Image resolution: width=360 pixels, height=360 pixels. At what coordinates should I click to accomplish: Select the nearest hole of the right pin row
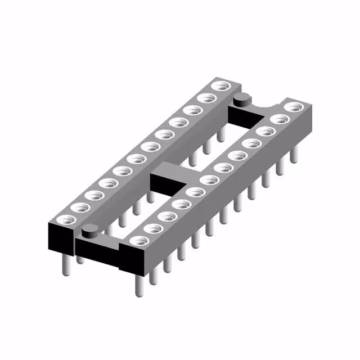137,241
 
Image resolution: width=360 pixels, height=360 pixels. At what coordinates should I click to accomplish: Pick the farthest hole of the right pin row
292,107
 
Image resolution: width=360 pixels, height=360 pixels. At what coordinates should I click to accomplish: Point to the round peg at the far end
241,100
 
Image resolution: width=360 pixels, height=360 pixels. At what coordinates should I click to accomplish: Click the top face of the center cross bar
169,172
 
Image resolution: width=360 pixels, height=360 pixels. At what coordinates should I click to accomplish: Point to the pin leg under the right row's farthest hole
293,155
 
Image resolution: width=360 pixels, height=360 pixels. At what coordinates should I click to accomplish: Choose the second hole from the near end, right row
151,228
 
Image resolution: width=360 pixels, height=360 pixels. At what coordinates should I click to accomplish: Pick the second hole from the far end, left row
208,98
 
